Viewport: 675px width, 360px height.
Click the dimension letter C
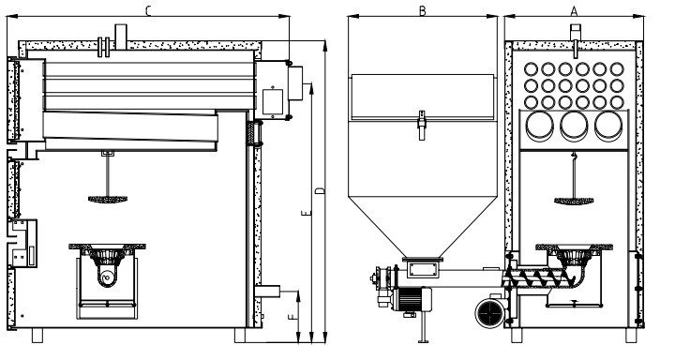click(148, 10)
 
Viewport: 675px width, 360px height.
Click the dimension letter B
click(422, 11)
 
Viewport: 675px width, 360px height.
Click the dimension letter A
click(574, 11)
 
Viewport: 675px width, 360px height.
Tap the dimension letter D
click(320, 190)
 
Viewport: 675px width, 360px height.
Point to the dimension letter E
click(306, 213)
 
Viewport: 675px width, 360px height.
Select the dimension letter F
click(292, 318)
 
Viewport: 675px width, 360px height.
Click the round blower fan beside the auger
click(491, 312)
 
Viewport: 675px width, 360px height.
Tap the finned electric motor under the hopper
click(412, 299)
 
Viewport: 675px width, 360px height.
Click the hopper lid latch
click(422, 125)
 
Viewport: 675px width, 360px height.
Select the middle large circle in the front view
click(574, 126)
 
